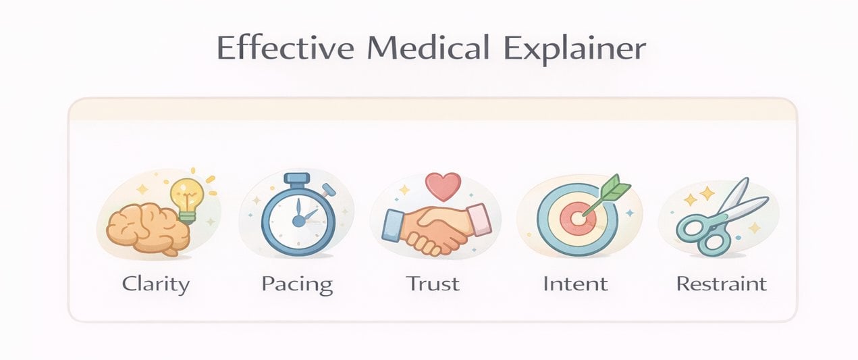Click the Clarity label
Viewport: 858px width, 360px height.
pyautogui.click(x=156, y=283)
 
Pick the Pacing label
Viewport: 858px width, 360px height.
pyautogui.click(x=297, y=284)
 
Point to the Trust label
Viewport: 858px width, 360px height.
pyautogui.click(x=433, y=283)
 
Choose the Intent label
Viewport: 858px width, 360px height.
pyautogui.click(x=575, y=283)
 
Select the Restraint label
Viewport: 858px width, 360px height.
pyautogui.click(x=722, y=283)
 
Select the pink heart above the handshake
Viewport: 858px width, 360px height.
pyautogui.click(x=443, y=185)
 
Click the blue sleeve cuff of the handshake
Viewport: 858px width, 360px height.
pyautogui.click(x=393, y=225)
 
